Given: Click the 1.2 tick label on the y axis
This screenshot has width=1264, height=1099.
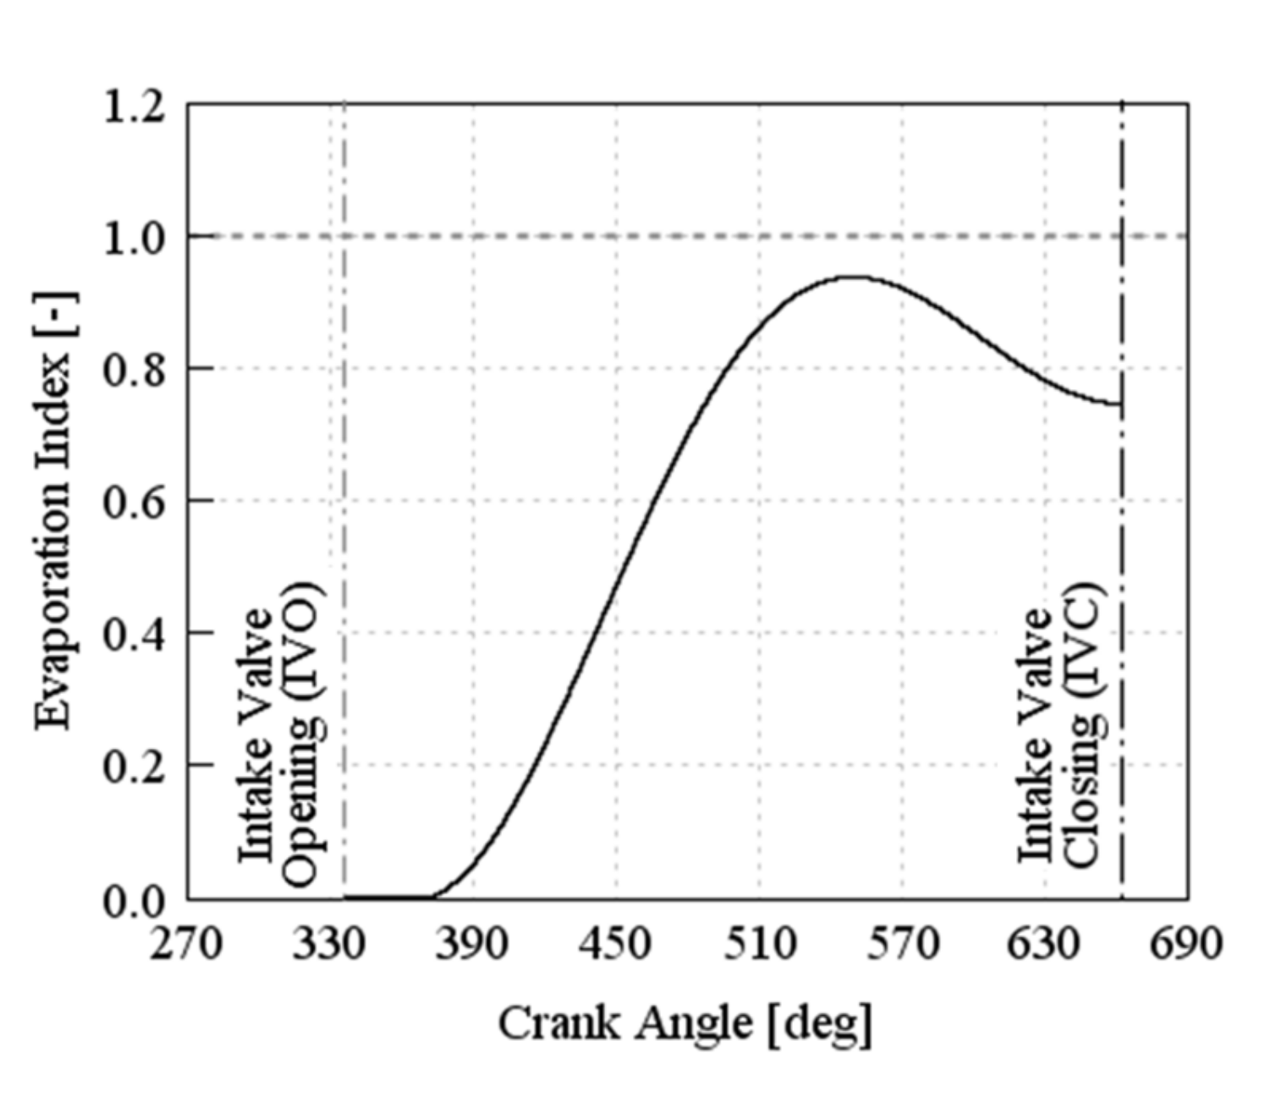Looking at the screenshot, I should pos(133,107).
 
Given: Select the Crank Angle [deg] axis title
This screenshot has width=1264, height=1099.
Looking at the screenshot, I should pos(684,1024).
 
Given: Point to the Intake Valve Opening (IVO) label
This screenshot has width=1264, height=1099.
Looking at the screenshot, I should pos(279,734).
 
